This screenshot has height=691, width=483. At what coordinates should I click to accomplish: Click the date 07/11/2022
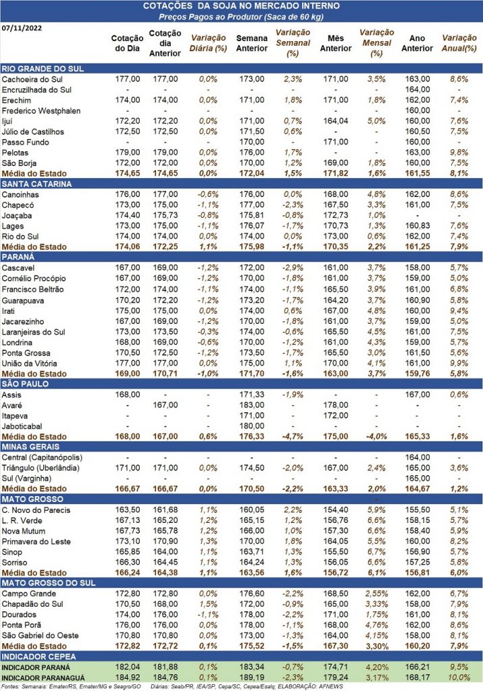pos(22,28)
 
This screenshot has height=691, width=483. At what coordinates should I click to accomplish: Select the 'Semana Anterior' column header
pos(252,43)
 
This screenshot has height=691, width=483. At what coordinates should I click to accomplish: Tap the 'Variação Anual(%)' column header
pos(459,43)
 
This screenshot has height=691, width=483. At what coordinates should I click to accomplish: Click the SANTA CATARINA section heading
pos(36,184)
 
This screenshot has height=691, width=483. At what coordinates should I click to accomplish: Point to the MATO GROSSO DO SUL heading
pos(49,583)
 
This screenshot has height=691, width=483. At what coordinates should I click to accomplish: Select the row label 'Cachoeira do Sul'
pos(32,80)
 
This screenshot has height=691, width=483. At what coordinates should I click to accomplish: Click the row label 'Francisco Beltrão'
pos(32,289)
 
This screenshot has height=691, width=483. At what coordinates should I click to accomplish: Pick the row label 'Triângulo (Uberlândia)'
pos(41,468)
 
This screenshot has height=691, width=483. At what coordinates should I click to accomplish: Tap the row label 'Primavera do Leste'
pos(36,542)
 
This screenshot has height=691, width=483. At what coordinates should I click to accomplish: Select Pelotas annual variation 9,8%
pos(459,153)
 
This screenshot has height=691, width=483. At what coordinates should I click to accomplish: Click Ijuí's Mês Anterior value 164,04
pos(336,121)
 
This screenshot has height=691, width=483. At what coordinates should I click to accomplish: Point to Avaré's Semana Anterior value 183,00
pos(252,405)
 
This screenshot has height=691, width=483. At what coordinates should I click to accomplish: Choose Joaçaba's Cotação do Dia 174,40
pos(128,215)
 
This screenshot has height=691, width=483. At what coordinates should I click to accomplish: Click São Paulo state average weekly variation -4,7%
pos(293,437)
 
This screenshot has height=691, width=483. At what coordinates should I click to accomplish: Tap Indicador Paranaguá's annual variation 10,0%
pos(459,678)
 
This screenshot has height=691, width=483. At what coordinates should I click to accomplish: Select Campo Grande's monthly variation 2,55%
pos(376,594)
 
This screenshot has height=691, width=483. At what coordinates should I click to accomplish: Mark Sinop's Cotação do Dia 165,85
pos(128,552)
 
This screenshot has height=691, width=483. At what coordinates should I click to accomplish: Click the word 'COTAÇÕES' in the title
pos(167,6)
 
